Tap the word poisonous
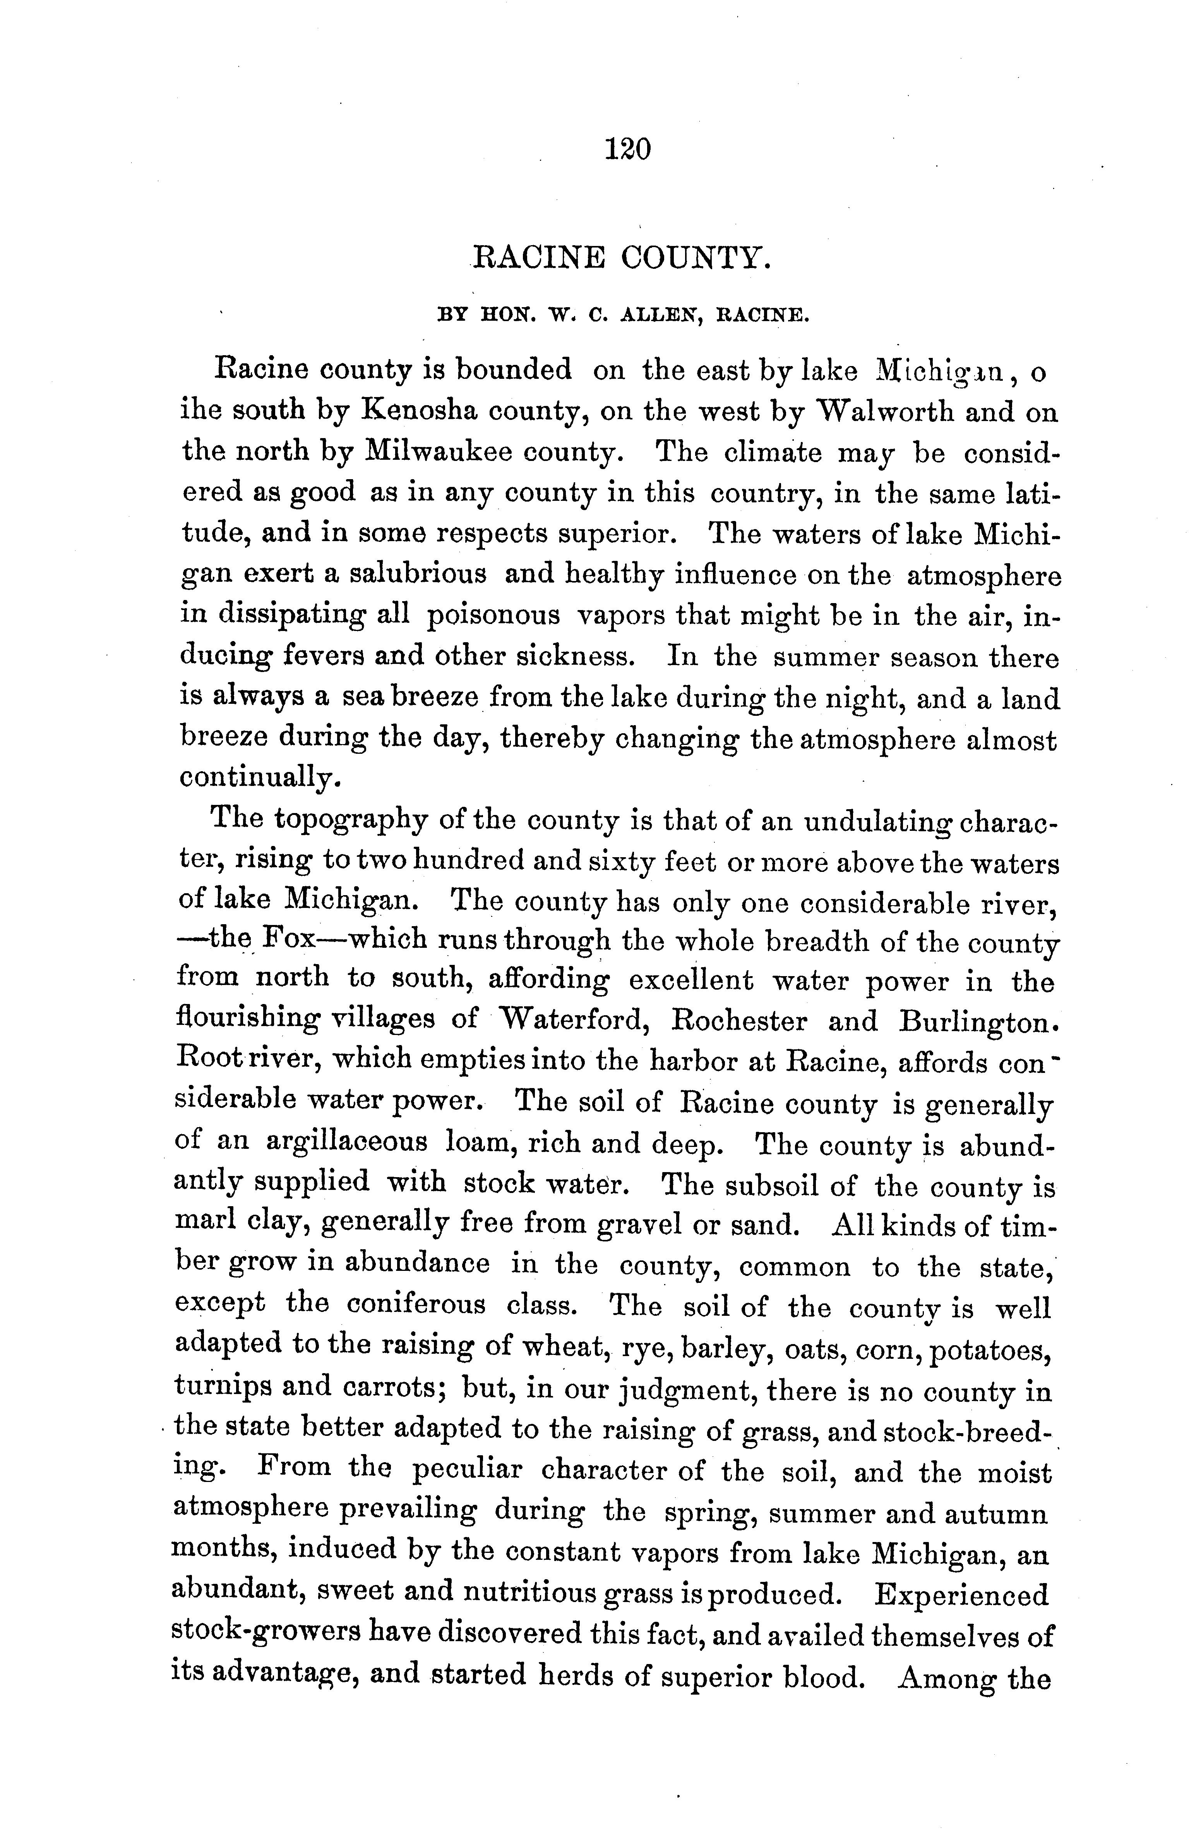click(493, 615)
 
